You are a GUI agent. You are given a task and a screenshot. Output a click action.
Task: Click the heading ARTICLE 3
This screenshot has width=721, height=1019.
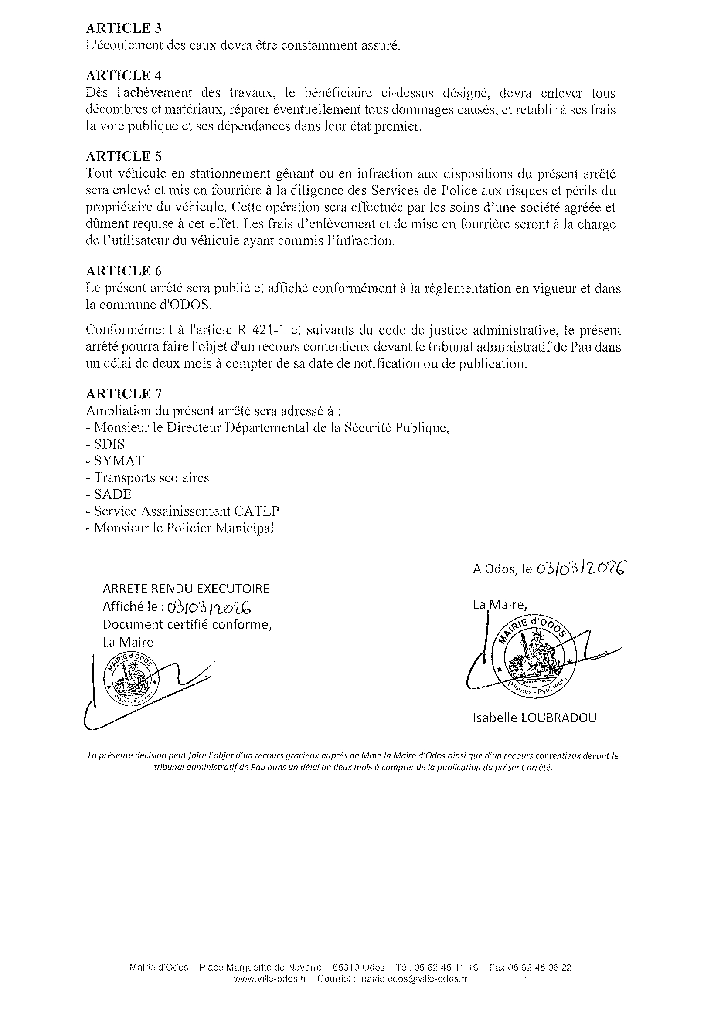pos(123,28)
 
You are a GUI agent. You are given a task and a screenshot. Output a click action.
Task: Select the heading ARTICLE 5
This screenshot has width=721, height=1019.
pos(123,156)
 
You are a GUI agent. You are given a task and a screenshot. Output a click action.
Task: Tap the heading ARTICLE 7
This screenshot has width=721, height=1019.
pos(123,394)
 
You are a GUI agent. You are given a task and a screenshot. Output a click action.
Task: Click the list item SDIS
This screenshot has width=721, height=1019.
pos(109,444)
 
